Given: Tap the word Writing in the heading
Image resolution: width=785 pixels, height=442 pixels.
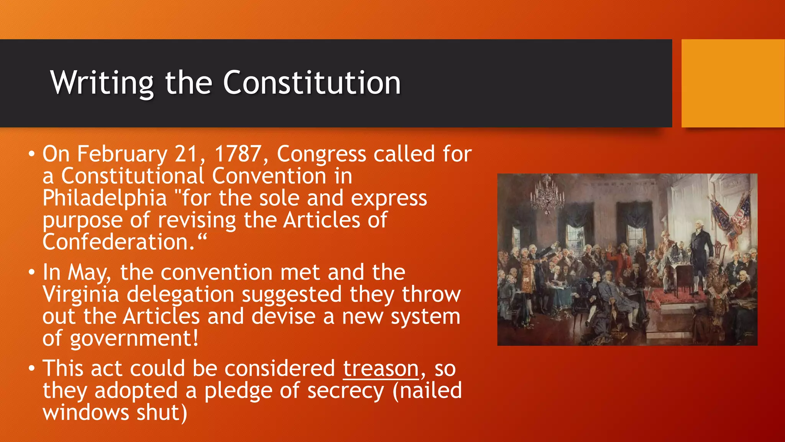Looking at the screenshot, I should (x=102, y=83).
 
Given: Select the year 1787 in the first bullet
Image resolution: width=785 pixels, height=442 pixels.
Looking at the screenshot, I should (x=238, y=154).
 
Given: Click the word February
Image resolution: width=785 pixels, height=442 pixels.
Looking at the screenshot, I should (x=122, y=154).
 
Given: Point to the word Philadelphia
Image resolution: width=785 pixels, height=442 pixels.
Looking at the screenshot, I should (x=105, y=198).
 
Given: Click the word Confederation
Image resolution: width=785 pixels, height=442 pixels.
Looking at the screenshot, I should (x=119, y=242).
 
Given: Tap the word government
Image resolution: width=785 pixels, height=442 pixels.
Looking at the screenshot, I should (x=134, y=339).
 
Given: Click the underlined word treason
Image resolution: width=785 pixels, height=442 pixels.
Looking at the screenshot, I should (x=381, y=369).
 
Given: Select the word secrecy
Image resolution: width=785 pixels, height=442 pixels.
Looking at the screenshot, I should (x=345, y=391).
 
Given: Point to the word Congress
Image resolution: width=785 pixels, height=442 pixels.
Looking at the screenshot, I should (x=321, y=154).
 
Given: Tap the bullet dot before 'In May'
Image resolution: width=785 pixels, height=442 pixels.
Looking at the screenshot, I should (x=32, y=273).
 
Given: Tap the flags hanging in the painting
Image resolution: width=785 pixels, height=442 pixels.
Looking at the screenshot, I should (x=731, y=219).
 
